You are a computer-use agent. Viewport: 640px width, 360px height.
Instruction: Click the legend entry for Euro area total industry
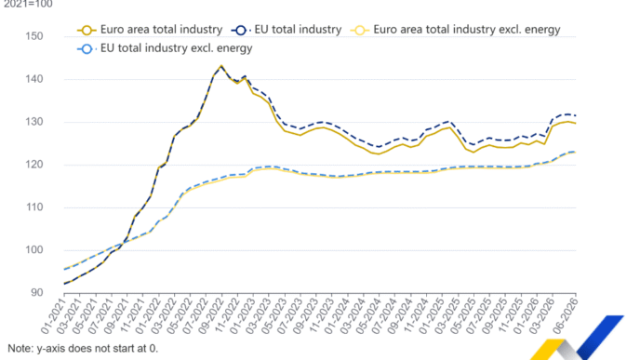150,30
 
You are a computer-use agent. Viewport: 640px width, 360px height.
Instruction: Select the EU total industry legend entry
287,30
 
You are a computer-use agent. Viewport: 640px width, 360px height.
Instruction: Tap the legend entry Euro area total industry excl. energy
456,30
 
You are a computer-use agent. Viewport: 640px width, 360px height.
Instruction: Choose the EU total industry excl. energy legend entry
165,48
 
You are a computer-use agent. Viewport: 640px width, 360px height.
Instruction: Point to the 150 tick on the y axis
33,36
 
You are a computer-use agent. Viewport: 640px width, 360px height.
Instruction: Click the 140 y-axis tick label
33,79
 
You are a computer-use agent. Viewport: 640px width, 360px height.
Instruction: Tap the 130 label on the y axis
33,122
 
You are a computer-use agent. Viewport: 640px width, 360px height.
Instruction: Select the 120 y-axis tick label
33,165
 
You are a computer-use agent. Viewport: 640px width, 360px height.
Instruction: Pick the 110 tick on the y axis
33,207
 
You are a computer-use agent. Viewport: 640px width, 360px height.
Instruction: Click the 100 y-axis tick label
33,250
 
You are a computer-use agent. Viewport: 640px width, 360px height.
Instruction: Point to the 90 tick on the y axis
36,293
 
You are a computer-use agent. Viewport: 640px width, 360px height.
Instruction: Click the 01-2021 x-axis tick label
53,315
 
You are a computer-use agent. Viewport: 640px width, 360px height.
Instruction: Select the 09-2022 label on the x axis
210,315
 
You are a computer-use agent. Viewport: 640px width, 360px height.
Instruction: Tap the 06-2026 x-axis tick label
565,315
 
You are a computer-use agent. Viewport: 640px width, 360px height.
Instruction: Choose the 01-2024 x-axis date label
337,315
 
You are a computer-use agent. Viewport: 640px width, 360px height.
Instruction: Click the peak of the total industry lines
221,65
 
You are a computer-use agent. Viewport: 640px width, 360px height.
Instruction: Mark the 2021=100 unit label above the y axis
28,4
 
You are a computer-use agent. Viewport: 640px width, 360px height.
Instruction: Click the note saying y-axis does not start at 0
83,348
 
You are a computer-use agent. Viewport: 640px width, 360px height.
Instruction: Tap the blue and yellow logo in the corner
577,338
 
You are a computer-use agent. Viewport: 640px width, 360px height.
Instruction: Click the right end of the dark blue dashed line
576,115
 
